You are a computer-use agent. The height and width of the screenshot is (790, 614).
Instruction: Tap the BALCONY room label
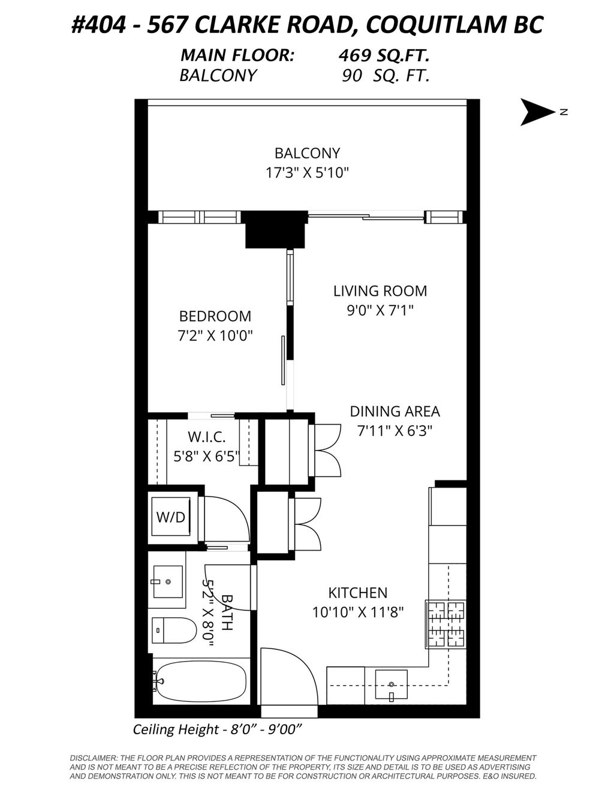coord(307,153)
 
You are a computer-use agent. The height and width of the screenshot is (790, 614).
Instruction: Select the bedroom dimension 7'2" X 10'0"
coord(215,335)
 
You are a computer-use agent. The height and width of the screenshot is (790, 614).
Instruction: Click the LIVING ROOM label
coord(380,291)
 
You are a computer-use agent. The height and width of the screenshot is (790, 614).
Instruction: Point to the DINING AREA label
coord(395,411)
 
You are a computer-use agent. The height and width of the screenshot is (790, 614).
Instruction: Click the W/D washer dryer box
coord(171,516)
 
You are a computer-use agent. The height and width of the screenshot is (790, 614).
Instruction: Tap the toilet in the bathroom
coord(173,630)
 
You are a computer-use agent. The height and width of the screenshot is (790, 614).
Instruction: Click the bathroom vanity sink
coord(168,581)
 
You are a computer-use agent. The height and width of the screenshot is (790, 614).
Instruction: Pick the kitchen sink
coord(391,685)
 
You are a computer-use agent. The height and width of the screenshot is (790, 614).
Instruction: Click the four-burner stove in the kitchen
coord(446,624)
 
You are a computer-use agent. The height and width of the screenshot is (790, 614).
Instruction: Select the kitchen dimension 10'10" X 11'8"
coord(358,612)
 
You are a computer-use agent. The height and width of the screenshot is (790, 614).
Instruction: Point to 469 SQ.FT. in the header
coord(384,56)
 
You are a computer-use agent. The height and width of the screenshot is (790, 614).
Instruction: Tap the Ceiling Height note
coord(216,729)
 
